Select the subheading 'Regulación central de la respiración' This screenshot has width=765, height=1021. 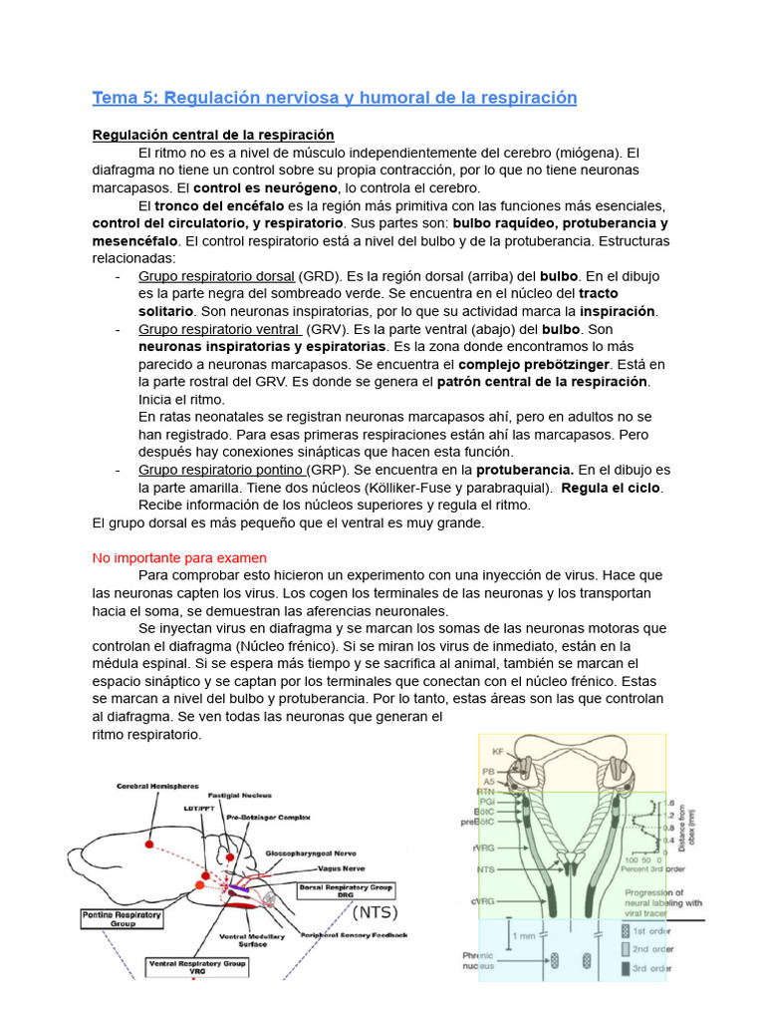(213, 135)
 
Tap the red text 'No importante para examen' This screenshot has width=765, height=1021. (179, 557)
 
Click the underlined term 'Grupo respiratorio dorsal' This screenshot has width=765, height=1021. (216, 276)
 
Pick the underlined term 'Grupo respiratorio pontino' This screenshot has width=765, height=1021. (220, 470)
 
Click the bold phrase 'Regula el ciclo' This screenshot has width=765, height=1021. (612, 488)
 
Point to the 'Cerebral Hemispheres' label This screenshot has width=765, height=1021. (157, 786)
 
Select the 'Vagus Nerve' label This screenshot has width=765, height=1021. (316, 867)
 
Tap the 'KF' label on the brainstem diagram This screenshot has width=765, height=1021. (498, 750)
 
